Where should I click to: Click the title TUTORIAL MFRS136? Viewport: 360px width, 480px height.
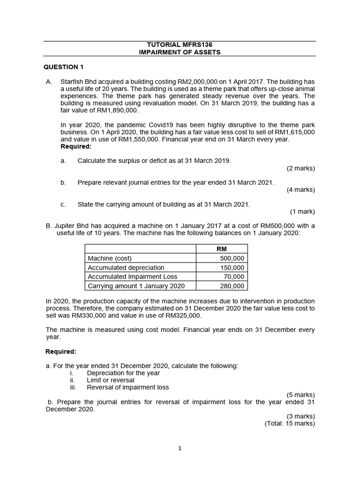tap(180, 45)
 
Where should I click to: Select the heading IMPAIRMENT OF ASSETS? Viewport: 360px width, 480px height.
tap(180, 52)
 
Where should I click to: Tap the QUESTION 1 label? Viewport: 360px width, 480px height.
tap(64, 67)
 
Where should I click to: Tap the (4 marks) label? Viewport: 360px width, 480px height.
tap(300, 190)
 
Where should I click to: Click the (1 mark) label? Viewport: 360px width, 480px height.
tap(302, 211)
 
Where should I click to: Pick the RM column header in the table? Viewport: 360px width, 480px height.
tap(222, 249)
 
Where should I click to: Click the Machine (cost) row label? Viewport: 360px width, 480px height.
tap(110, 258)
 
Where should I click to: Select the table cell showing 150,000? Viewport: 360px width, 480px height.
tap(232, 268)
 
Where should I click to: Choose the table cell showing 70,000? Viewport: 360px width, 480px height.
tap(234, 277)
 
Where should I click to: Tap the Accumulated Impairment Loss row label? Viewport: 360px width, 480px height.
tap(133, 277)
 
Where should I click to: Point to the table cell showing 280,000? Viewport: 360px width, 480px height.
tap(232, 286)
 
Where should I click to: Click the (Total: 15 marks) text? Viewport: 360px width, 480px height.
tap(290, 424)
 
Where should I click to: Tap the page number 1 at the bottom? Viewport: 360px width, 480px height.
tap(180, 448)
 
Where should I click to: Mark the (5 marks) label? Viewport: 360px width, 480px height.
tap(300, 395)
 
